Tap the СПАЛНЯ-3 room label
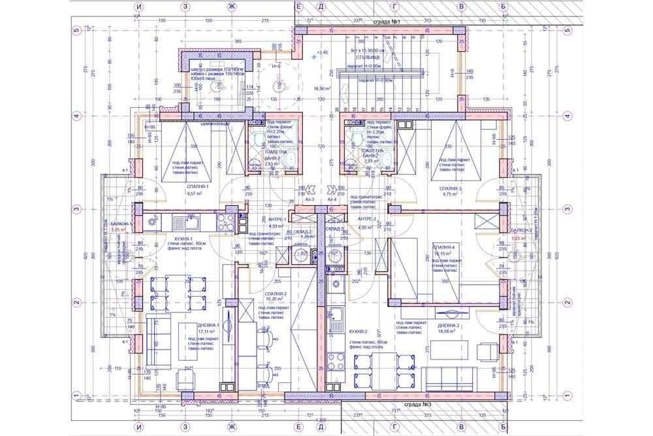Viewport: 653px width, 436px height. (x=451, y=188)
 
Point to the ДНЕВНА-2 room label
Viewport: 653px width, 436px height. (x=449, y=325)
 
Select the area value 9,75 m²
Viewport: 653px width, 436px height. (x=451, y=194)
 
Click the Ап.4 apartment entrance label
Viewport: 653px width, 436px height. (x=332, y=199)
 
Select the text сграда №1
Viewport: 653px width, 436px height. (x=387, y=22)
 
